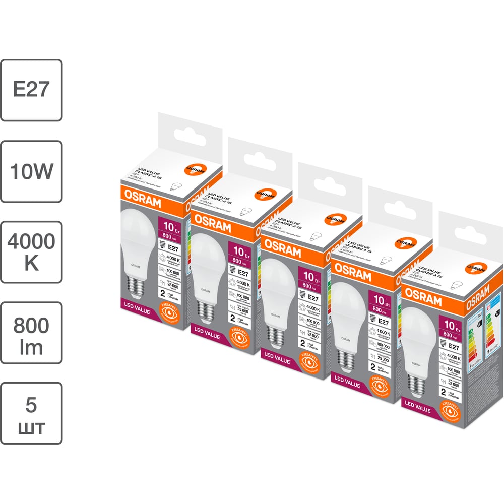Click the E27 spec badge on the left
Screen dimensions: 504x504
(x=31, y=90)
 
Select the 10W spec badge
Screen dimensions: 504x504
(x=31, y=171)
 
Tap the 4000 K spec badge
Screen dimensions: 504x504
(x=31, y=251)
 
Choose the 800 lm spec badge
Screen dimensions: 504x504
(x=31, y=332)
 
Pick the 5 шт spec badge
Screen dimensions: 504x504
(x=31, y=413)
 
